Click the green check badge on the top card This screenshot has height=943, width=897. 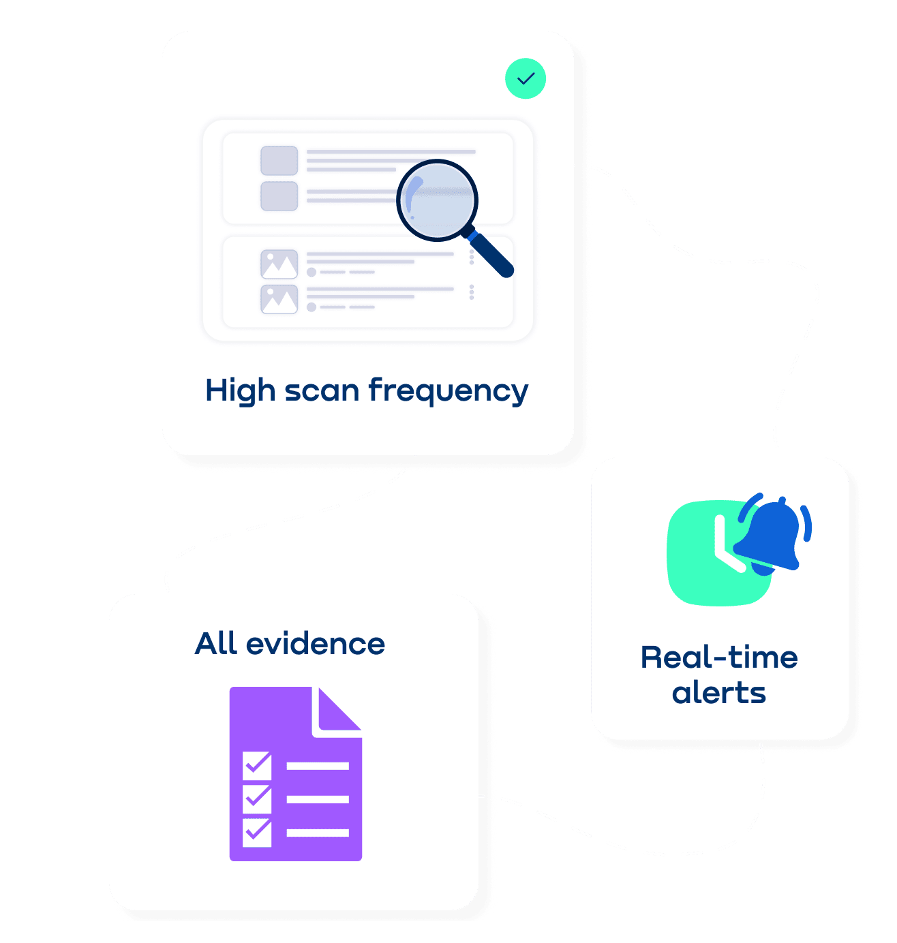[526, 79]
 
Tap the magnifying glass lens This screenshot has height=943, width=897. [437, 200]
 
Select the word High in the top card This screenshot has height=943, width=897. [240, 392]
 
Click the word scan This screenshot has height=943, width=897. [322, 392]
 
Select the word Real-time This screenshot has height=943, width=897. [719, 658]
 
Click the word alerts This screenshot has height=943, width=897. [719, 694]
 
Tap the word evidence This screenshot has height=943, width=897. [316, 644]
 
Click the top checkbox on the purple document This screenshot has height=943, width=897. [257, 766]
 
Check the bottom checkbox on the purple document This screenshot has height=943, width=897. [257, 832]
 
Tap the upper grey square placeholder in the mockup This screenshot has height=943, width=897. [279, 161]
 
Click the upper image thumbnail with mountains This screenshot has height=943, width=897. [279, 264]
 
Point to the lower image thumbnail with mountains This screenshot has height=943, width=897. [279, 299]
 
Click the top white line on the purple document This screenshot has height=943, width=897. [318, 767]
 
